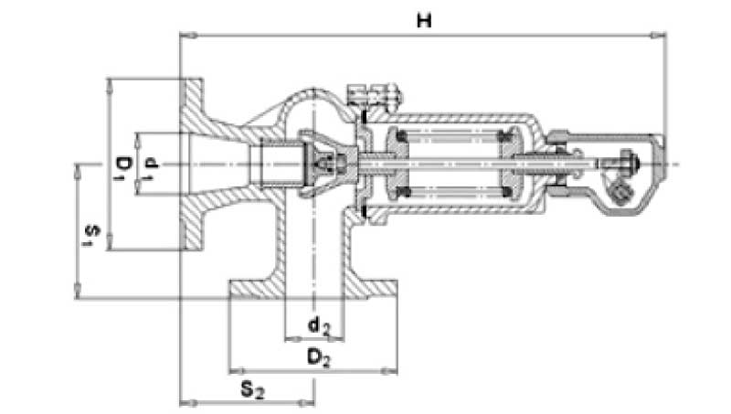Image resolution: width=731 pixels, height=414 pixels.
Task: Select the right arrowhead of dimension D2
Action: point(392,371)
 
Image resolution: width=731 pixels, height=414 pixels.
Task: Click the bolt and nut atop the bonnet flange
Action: point(375,93)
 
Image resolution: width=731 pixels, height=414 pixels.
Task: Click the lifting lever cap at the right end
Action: point(630,169)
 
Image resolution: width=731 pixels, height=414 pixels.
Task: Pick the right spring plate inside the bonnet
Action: point(512,165)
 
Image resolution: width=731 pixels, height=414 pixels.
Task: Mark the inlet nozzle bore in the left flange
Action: point(219,165)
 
